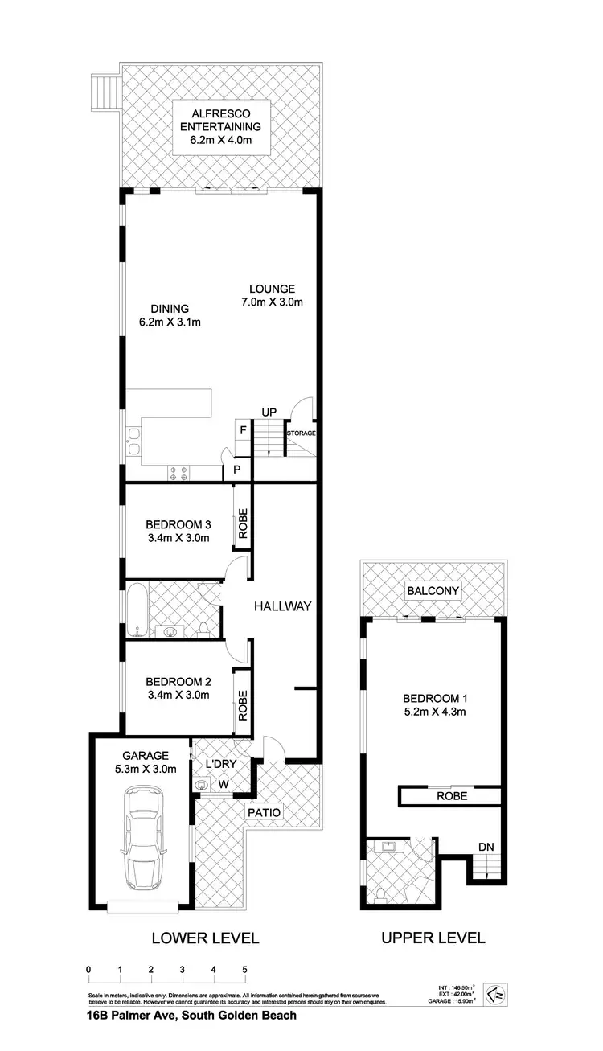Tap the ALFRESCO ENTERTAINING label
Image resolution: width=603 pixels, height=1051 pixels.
[220, 127]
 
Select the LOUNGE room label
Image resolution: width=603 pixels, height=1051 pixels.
[272, 289]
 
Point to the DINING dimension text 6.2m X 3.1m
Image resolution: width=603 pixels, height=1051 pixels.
[169, 322]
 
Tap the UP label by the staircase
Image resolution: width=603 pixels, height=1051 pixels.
[269, 413]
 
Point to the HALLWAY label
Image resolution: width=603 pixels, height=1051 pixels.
[282, 606]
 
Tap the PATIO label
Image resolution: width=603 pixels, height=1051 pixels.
[265, 812]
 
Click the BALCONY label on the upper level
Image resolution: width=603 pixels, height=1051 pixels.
[433, 591]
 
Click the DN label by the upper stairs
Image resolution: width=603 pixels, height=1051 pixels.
[486, 847]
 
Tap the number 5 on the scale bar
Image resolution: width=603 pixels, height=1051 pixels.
[244, 970]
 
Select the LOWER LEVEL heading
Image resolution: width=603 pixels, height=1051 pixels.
[205, 938]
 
